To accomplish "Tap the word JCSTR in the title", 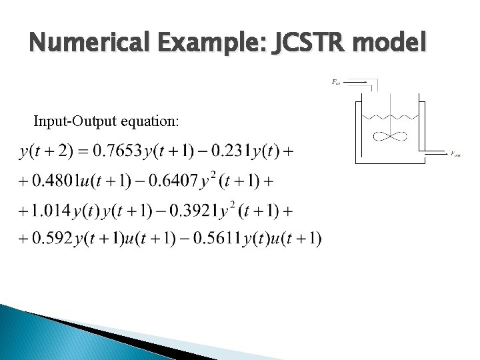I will coord(315,44).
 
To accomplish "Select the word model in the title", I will coord(394,44).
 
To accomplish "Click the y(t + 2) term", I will coord(45,152).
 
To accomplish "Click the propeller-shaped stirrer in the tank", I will coord(391,137).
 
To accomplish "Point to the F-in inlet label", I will coord(336,83).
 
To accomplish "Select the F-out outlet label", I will coord(456,154).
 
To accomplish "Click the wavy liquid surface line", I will coord(390,117).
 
